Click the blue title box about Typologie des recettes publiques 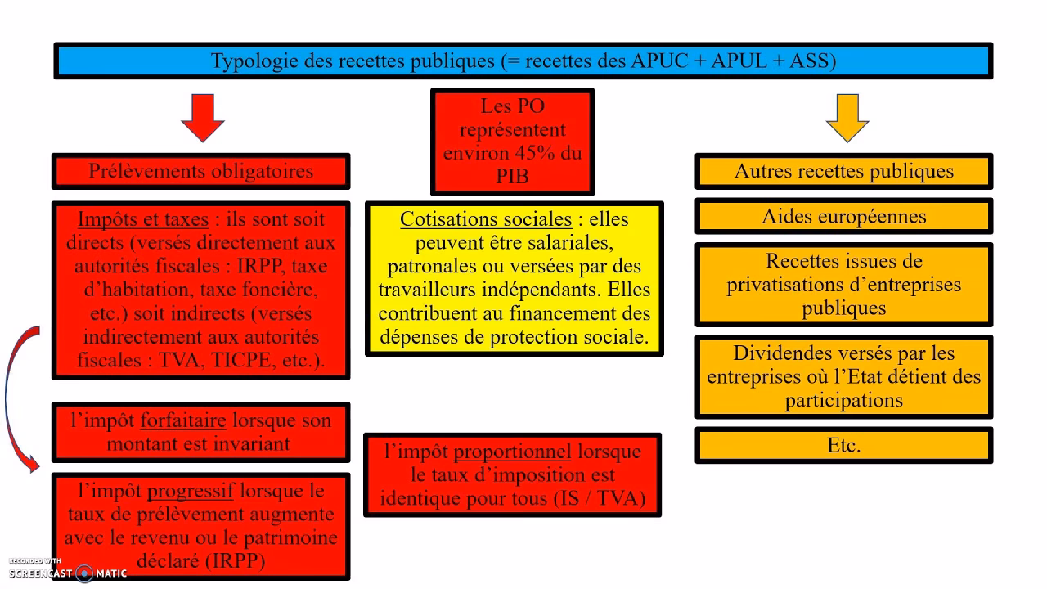coord(523,61)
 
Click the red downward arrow coord(202,118)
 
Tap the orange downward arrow coord(847,118)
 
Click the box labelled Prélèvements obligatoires coord(201,171)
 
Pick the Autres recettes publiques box coord(843,171)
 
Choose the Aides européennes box coord(843,217)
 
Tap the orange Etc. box coord(843,445)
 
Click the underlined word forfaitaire coord(183,420)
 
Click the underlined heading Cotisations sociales coord(486,218)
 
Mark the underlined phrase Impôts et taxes coord(143,219)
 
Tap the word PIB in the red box coord(512,176)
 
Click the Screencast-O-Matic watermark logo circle coord(84,573)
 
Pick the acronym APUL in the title coord(739,61)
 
